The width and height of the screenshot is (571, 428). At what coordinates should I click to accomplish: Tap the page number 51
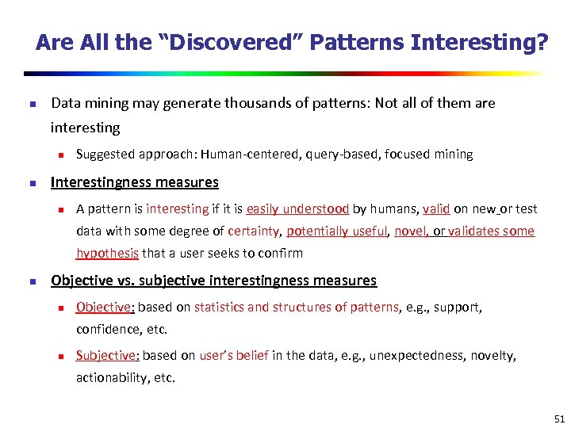559,418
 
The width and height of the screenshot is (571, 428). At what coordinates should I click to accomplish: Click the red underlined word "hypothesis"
107,254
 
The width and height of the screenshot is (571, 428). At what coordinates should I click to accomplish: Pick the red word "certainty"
254,231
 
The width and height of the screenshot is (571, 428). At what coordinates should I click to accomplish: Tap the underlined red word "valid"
436,209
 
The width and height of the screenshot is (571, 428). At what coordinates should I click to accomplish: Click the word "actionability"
110,378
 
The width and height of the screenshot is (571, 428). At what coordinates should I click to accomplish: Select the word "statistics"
219,307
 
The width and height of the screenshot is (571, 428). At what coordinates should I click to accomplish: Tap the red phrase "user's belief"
234,356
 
